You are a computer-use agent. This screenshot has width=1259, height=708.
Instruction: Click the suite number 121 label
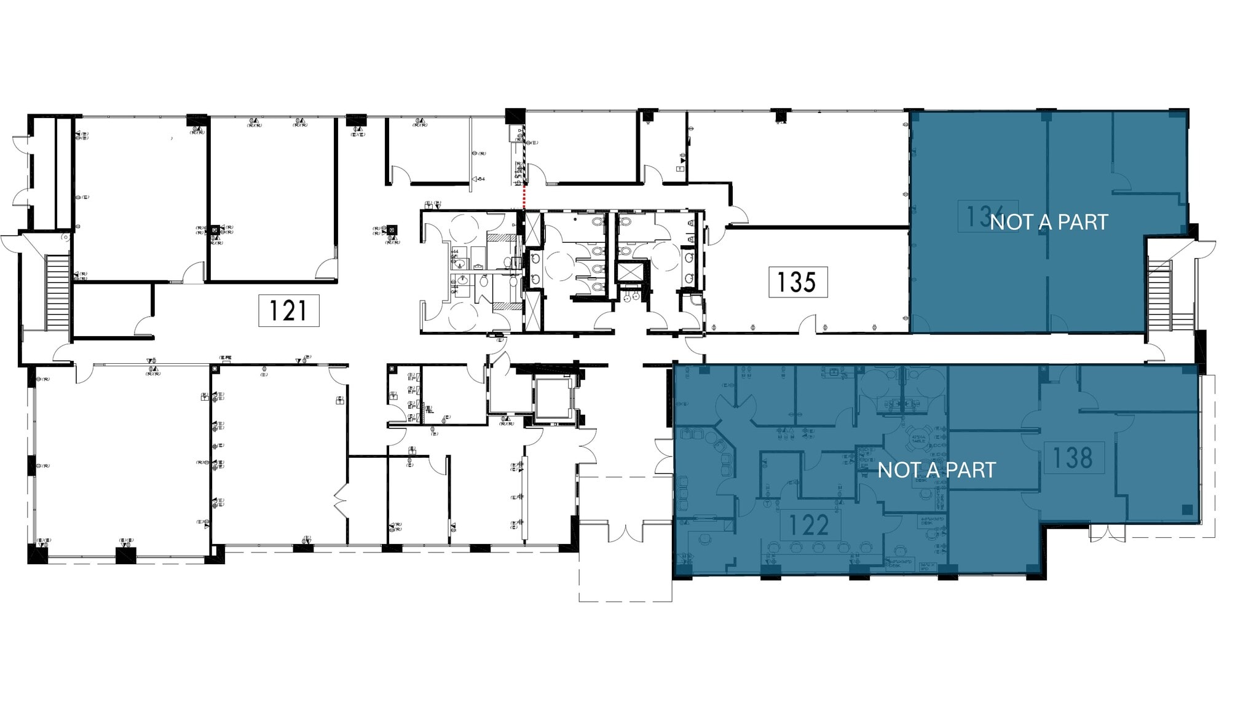tap(288, 310)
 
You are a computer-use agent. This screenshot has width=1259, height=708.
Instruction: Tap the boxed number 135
tap(797, 282)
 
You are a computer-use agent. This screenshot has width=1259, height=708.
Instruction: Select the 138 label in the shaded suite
tap(1073, 458)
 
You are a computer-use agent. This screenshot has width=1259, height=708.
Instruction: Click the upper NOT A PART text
tap(1049, 222)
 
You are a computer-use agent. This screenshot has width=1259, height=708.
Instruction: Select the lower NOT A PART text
tap(936, 470)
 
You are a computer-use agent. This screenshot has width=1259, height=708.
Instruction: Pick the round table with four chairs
tap(918, 435)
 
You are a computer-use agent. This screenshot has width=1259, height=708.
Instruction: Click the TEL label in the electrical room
tap(429, 409)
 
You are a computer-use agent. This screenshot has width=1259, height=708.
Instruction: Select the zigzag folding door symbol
tap(340, 500)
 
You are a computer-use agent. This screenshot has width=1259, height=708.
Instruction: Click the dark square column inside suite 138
tap(1186, 509)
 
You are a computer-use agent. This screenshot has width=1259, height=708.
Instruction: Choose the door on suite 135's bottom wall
tap(808, 324)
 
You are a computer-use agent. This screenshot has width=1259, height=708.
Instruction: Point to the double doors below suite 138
tap(1108, 533)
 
